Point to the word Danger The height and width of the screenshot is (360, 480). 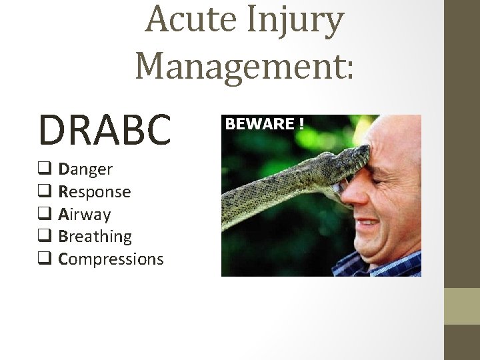85,169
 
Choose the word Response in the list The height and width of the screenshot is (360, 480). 94,192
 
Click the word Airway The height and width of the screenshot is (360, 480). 85,215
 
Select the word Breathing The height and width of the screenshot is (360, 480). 95,237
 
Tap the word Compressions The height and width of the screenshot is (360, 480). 111,259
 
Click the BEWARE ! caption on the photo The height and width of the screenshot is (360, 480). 265,124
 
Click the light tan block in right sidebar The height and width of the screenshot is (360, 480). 461,306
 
